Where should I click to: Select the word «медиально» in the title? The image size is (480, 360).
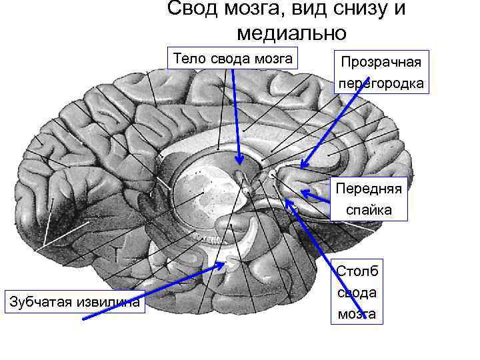(291, 31)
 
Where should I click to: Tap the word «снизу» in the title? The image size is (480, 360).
(357, 9)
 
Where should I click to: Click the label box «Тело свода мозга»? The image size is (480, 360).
(232, 58)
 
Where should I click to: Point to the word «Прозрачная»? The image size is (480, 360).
(381, 63)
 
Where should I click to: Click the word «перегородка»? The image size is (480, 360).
(381, 84)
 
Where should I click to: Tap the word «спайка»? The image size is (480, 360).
(369, 210)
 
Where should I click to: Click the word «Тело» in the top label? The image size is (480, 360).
(190, 58)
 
